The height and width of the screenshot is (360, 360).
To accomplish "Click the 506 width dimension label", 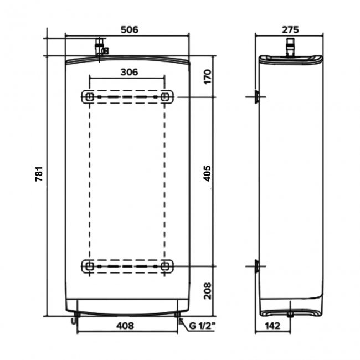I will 128,29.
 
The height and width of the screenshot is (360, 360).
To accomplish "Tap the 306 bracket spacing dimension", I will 128,71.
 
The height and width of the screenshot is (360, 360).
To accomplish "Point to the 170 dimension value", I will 208,76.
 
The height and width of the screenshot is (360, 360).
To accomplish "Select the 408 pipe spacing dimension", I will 127,326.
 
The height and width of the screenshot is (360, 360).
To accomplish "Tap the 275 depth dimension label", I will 290,29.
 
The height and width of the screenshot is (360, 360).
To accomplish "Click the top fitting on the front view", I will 100,48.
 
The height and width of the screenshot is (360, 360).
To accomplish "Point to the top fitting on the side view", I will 290,47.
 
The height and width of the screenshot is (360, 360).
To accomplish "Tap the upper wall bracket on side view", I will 256,98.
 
